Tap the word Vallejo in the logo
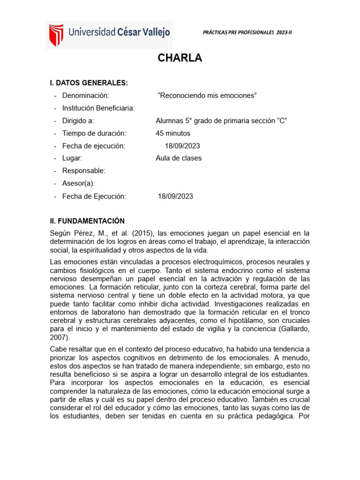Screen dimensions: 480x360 (x=153, y=32)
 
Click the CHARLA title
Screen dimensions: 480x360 (x=180, y=58)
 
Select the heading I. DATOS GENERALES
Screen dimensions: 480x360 (x=89, y=83)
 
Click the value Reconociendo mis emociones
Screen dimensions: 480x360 (x=208, y=96)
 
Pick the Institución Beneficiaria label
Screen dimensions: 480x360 (x=98, y=108)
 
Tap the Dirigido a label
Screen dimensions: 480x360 (x=78, y=120)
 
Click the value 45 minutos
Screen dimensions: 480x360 (x=173, y=133)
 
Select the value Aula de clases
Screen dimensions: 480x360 (x=179, y=158)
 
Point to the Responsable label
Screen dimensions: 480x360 (x=84, y=171)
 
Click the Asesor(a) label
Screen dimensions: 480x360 (x=78, y=183)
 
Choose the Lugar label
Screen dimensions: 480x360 (x=72, y=158)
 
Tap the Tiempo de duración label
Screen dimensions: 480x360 (x=94, y=133)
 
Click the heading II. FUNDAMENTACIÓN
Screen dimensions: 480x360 (x=87, y=221)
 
